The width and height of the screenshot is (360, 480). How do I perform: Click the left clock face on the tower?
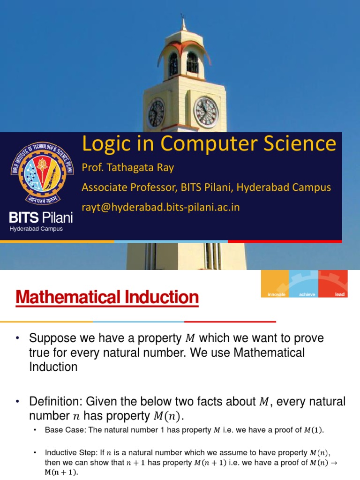[x=157, y=113]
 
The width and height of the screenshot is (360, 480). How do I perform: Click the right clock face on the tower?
[x=206, y=112]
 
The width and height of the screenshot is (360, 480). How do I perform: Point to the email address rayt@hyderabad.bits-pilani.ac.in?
[x=161, y=207]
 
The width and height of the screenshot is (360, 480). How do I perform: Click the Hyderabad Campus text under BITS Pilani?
[x=36, y=229]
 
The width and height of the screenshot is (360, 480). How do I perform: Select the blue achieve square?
[x=304, y=284]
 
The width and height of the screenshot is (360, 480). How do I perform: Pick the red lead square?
[x=333, y=284]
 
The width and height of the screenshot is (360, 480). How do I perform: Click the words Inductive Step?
[x=70, y=453]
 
